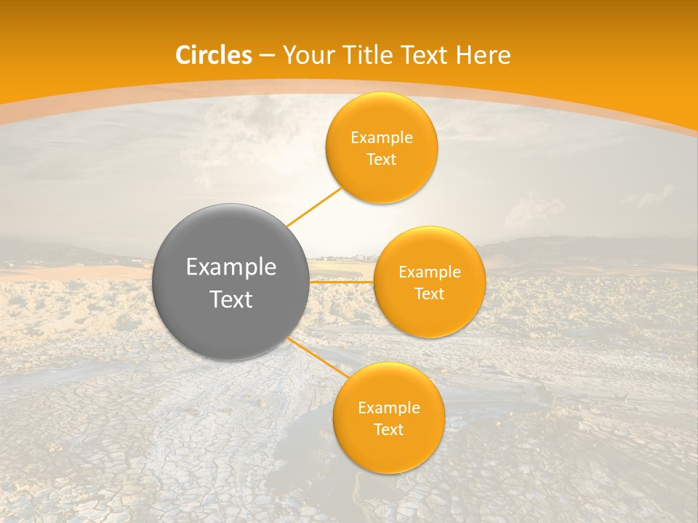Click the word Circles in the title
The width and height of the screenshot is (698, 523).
click(214, 55)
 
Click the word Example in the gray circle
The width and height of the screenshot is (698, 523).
click(231, 267)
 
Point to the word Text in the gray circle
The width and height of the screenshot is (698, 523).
click(231, 299)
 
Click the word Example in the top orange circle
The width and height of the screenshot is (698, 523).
click(382, 138)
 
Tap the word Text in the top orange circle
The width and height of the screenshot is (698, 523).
click(382, 160)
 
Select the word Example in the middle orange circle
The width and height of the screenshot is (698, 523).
click(430, 272)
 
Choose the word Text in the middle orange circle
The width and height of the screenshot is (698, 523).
click(430, 294)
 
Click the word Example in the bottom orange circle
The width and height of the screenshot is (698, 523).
click(389, 408)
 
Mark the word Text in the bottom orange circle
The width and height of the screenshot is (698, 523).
click(389, 430)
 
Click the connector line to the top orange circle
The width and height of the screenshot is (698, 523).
click(314, 206)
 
